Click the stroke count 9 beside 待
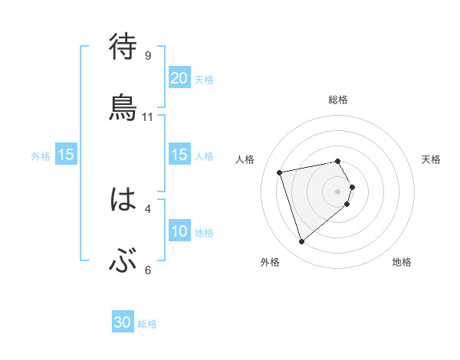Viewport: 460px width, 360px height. pos(148,55)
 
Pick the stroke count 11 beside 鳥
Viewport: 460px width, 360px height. pos(148,116)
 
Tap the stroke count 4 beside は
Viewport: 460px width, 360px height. pos(148,208)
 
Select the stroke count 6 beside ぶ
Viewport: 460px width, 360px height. pos(148,270)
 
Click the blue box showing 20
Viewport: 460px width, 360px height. pos(179,78)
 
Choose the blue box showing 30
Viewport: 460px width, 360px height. pos(123,323)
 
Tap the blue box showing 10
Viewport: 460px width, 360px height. pos(179,231)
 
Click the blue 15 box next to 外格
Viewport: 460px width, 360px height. pos(66,155)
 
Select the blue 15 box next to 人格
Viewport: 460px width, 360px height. pos(179,155)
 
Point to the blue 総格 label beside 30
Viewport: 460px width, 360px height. pos(147,324)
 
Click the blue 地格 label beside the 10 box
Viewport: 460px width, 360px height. pos(204,232)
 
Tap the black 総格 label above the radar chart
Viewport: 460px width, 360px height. pos(338,100)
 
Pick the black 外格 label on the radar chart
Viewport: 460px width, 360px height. pos(270,263)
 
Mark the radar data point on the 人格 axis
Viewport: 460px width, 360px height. pos(280,172)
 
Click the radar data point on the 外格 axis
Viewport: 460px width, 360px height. pos(301,242)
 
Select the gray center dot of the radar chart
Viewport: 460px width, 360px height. pos(338,191)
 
